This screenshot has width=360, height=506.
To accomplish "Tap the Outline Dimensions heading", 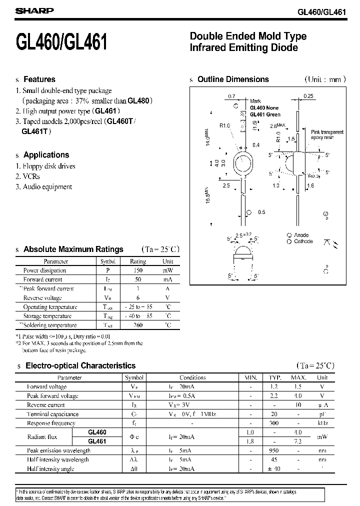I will tap(233, 79).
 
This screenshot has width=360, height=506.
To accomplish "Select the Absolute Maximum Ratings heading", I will tap(73, 249).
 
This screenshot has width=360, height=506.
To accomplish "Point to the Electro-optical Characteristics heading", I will tap(80, 365).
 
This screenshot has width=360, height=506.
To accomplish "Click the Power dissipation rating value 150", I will tap(138, 270).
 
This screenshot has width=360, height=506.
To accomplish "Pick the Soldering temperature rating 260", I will tap(138, 325).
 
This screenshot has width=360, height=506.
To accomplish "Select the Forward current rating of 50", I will tap(138, 279).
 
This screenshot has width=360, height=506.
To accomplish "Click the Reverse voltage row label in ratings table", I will tap(43, 298).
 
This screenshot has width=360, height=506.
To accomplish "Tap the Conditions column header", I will tap(192, 377).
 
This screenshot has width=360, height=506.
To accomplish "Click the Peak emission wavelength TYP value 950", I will tap(274, 450).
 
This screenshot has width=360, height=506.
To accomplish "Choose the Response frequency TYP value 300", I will tap(274, 423).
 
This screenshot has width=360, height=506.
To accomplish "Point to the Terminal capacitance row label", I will tap(52, 414).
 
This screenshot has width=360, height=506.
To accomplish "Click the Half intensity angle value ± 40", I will tap(274, 468).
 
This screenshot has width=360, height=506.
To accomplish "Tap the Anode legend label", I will tap(301, 235).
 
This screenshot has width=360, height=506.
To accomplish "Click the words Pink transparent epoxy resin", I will tap(327, 134).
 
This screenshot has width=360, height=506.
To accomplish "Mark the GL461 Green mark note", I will tap(265, 114).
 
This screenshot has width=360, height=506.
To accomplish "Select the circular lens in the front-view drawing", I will tap(243, 164).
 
